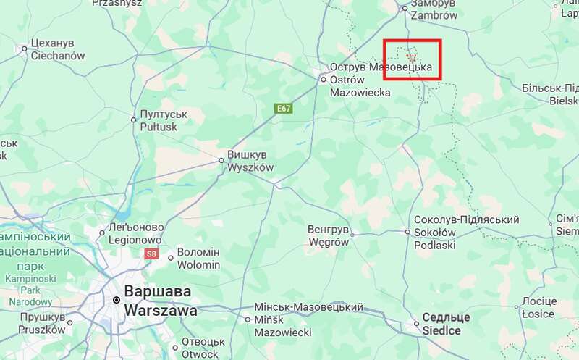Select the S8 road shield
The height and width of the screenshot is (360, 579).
[x=151, y=254]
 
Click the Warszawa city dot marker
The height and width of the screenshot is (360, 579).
[x=116, y=300]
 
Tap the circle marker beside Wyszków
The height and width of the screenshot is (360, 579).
[x=222, y=161]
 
